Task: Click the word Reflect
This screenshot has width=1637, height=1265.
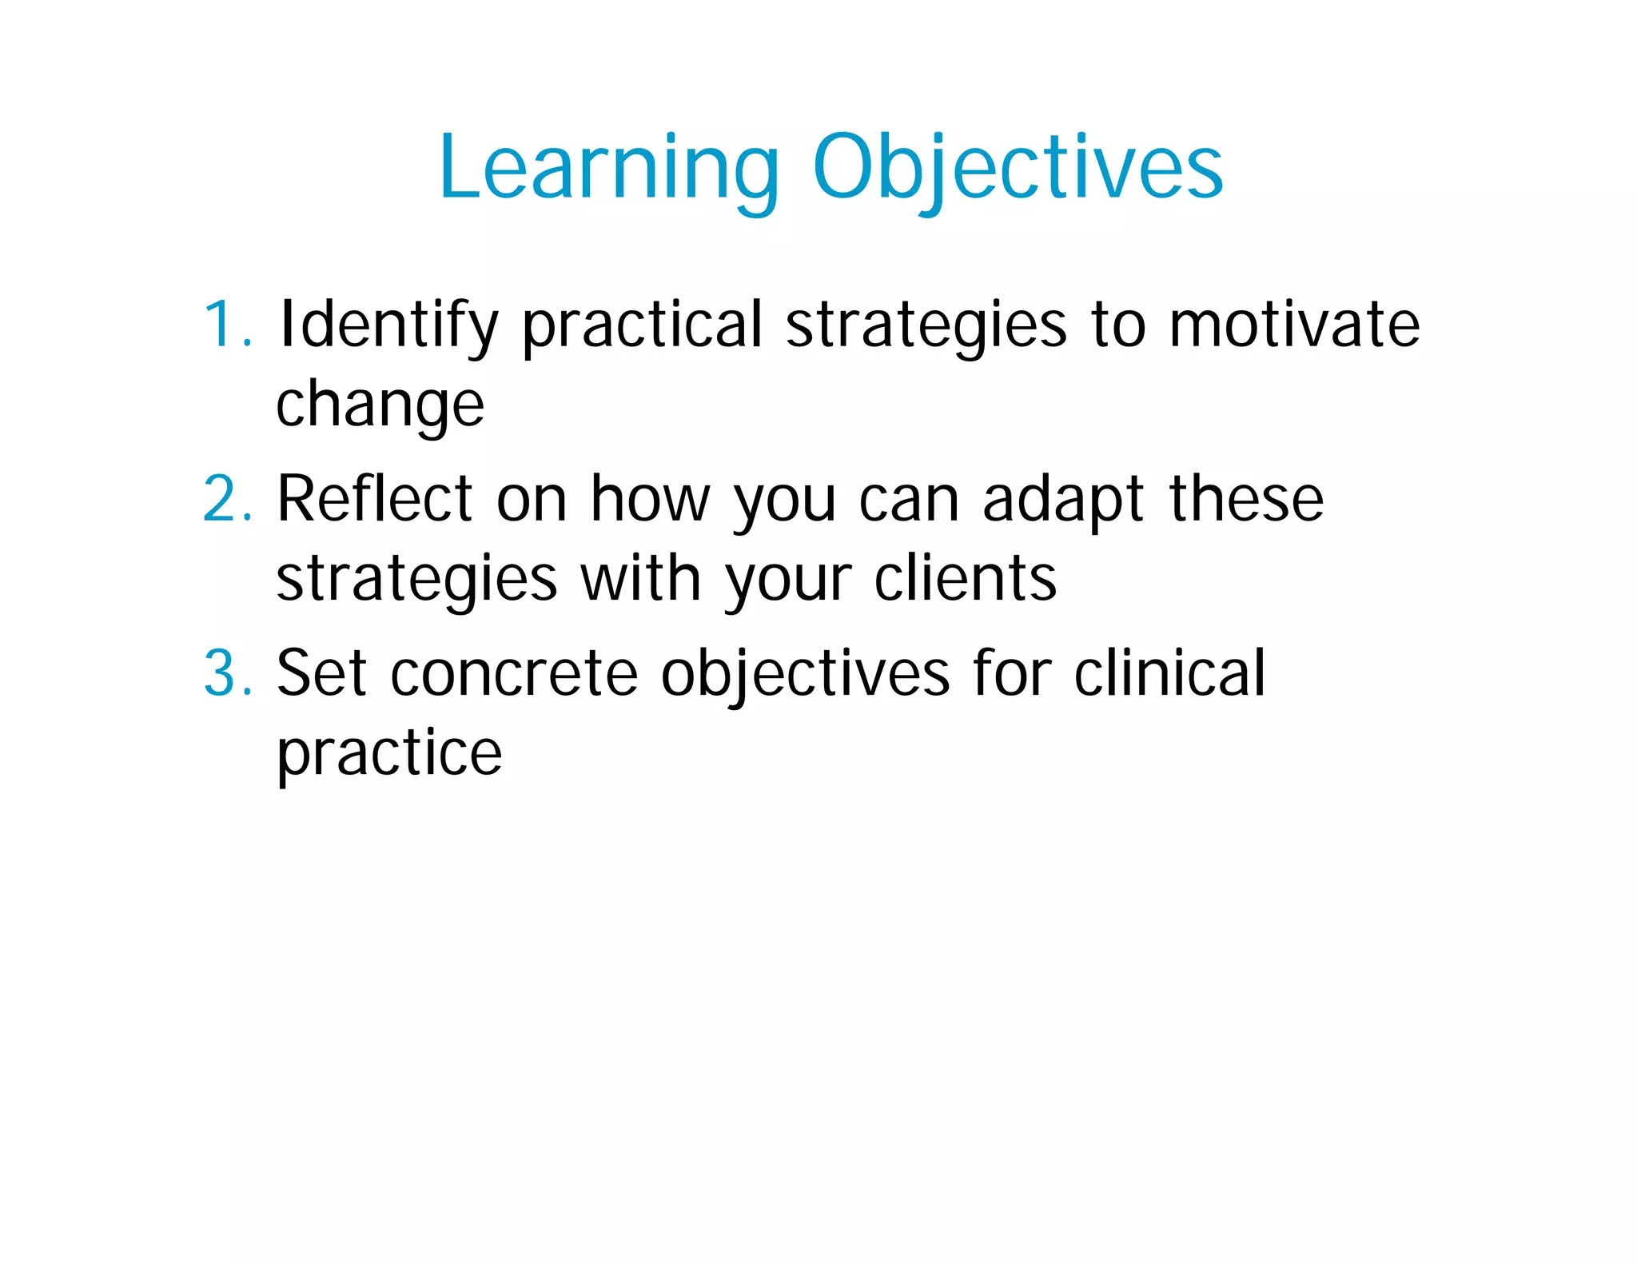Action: (x=374, y=500)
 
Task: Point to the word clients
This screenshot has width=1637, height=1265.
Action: (x=965, y=579)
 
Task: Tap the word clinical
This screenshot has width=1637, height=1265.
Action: (x=1169, y=674)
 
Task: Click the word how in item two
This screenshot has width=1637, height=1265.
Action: (x=650, y=500)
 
